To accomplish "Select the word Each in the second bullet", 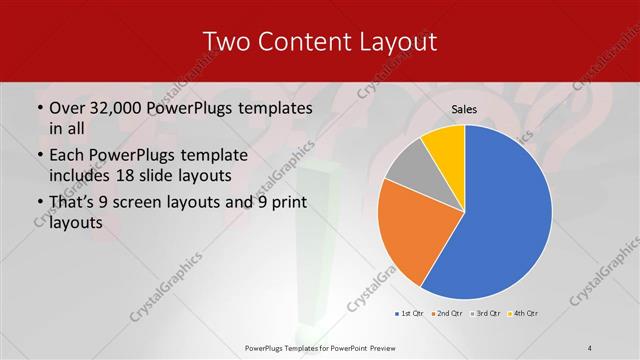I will coord(67,155).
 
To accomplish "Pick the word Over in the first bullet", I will coord(69,107).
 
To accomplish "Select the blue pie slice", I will coord(505,215).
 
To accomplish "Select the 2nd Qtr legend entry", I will coord(447,314).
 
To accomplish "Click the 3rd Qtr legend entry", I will coord(487,314).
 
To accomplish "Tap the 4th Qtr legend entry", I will coord(526,314).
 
